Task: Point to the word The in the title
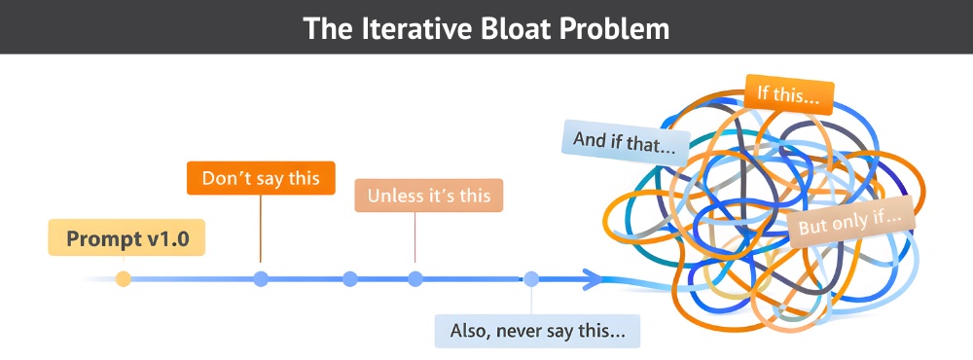pyautogui.click(x=325, y=28)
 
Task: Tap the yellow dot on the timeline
pyautogui.click(x=123, y=279)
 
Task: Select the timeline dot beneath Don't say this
pyautogui.click(x=261, y=279)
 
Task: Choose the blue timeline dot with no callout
pyautogui.click(x=350, y=279)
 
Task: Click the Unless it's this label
pyautogui.click(x=429, y=196)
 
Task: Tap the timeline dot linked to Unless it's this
pyautogui.click(x=415, y=279)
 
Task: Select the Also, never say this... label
pyautogui.click(x=537, y=330)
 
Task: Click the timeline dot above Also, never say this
pyautogui.click(x=531, y=279)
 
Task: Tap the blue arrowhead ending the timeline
pyautogui.click(x=592, y=280)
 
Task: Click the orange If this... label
pyautogui.click(x=789, y=94)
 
